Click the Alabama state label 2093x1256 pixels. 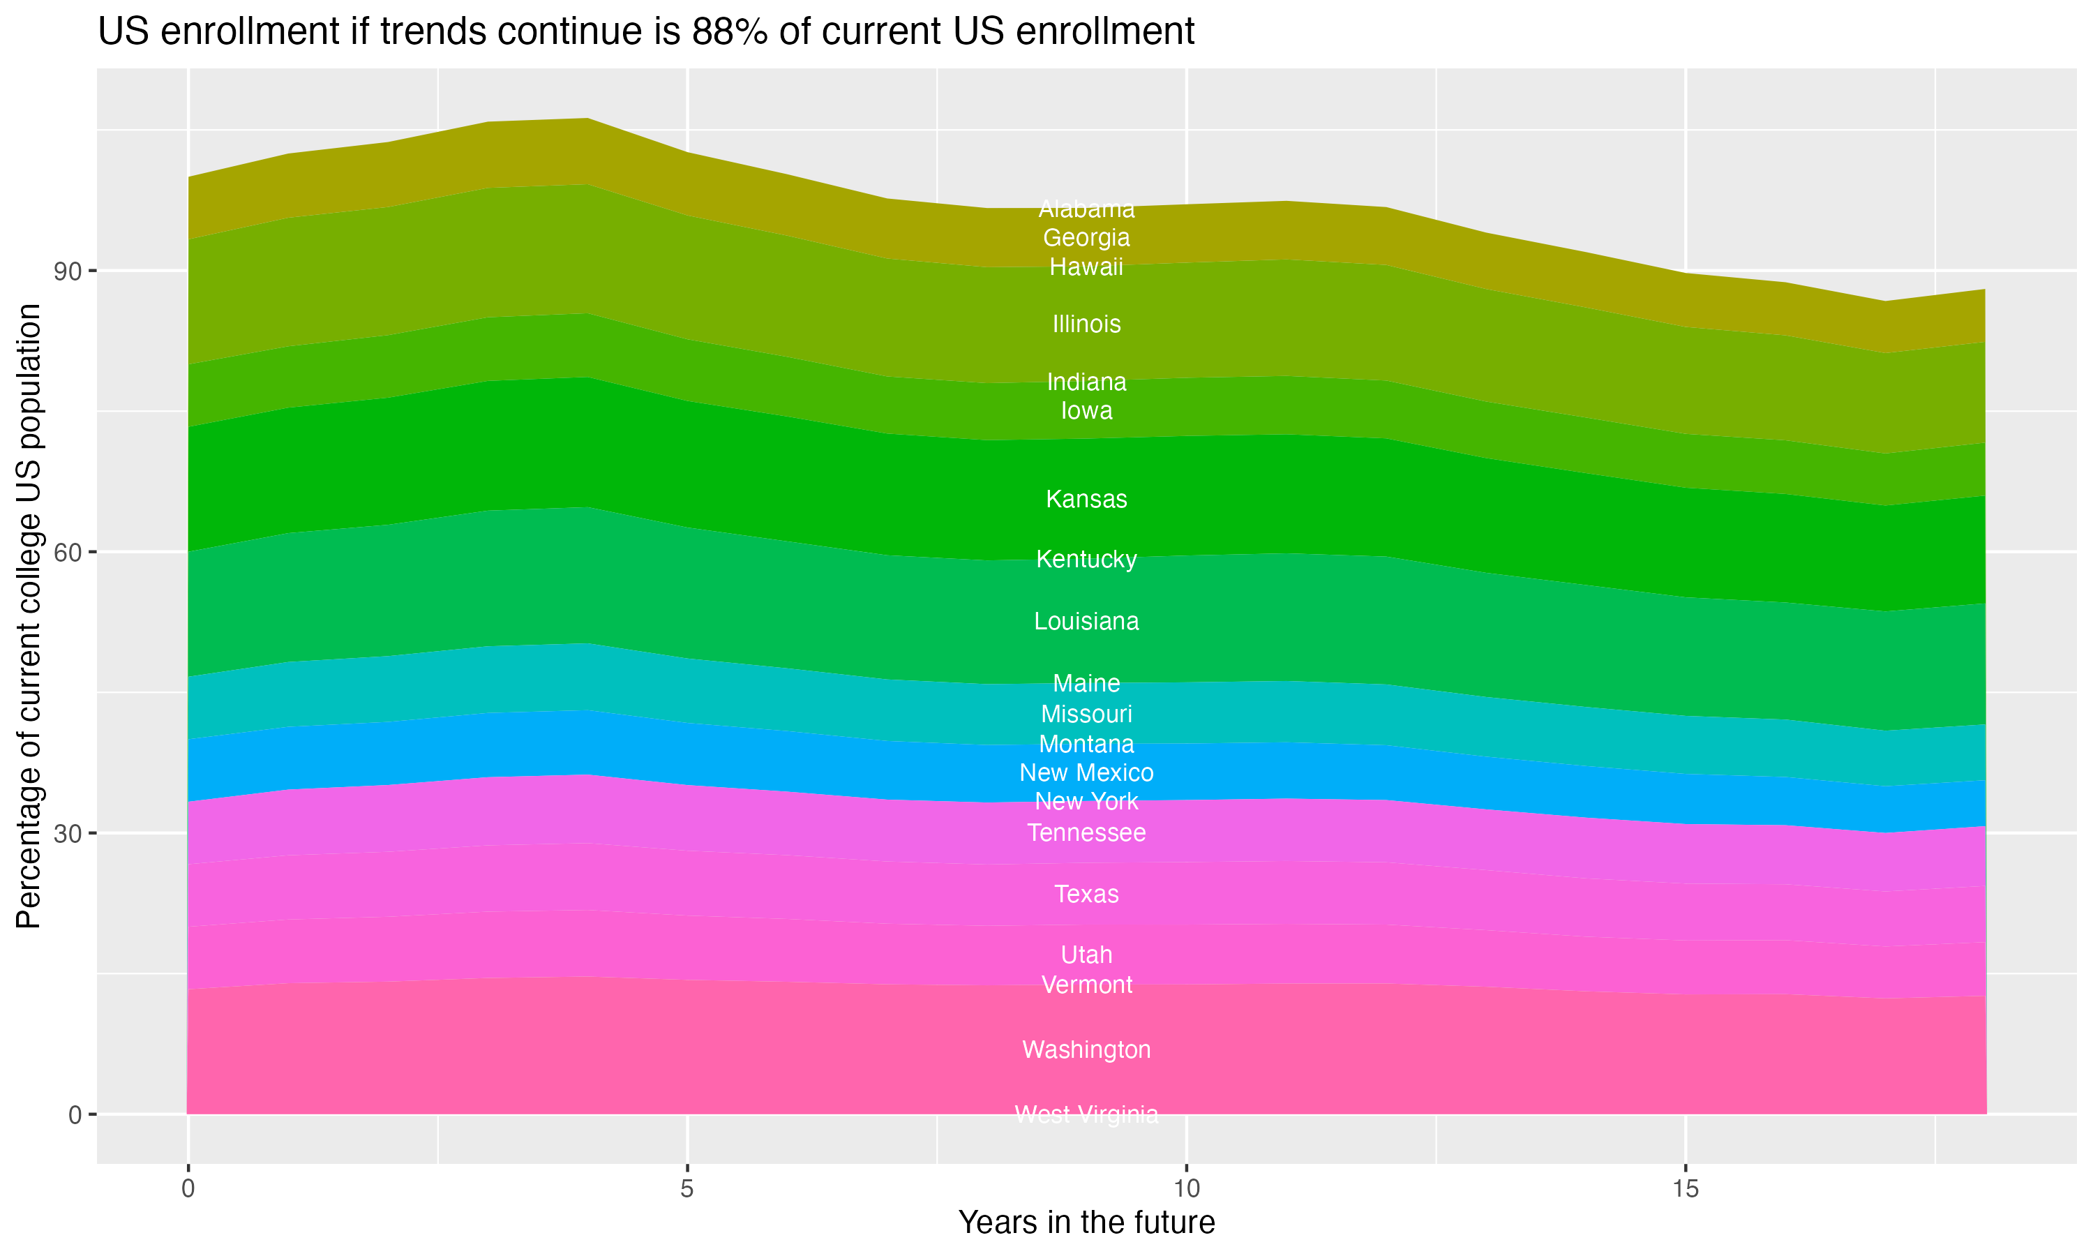coord(1086,209)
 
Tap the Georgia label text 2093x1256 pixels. coord(1086,238)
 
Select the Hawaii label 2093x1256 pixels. coord(1086,267)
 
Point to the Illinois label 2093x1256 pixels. coord(1086,324)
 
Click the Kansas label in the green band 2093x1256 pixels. coord(1086,500)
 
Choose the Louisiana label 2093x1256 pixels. coord(1086,621)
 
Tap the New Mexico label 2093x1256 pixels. coord(1086,772)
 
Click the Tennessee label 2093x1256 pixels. coord(1086,833)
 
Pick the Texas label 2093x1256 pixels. coord(1086,895)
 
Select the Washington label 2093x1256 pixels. coord(1086,1049)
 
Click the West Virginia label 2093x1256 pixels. coord(1086,1114)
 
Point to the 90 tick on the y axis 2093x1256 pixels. coord(68,271)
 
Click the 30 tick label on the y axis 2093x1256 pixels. coord(68,834)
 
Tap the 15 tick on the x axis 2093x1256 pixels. coord(1686,1189)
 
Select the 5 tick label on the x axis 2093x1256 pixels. coord(687,1189)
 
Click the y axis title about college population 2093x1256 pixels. coord(29,616)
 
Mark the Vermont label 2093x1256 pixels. coord(1086,985)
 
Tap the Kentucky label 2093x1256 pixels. coord(1086,560)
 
